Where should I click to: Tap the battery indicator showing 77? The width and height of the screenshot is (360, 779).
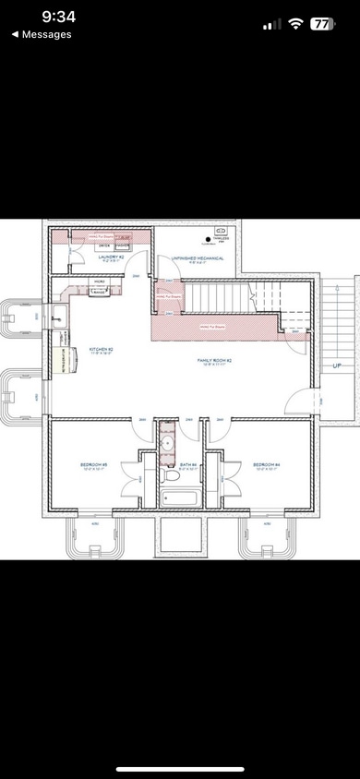tap(322, 23)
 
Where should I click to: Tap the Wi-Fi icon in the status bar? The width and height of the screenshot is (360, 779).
tap(296, 23)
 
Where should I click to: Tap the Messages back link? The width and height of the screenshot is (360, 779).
tap(41, 34)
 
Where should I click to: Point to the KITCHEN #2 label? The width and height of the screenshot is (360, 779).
tap(101, 350)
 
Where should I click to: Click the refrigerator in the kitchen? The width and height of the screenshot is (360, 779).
tap(66, 360)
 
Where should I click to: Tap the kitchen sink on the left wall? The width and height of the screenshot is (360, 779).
tap(58, 316)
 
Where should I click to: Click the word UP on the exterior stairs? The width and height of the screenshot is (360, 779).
tap(339, 366)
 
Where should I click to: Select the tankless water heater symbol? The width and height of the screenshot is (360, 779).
tap(221, 231)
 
